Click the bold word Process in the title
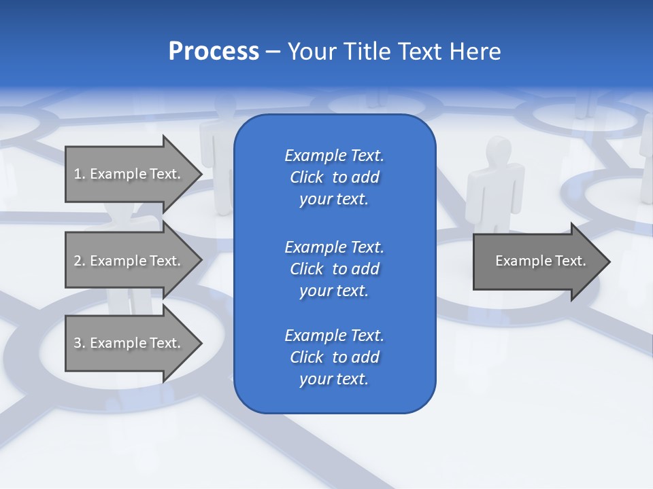point(214,52)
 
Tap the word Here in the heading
point(475,52)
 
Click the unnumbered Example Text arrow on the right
point(540,261)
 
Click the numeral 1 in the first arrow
point(78,174)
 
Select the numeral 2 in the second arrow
point(78,261)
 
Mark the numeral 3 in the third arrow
point(78,343)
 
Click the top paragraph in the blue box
point(334,177)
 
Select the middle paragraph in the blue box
point(334,268)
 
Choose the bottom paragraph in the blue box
point(334,357)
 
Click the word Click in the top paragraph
point(306,177)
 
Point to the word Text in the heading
point(420,52)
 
